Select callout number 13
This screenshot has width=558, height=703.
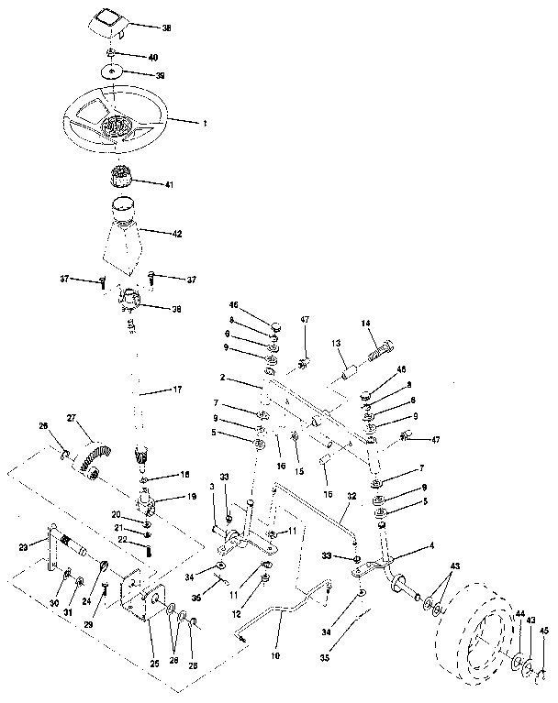point(336,342)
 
